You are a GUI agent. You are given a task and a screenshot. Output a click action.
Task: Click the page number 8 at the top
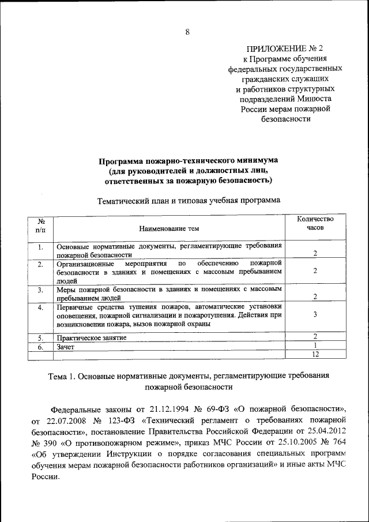click(x=187, y=32)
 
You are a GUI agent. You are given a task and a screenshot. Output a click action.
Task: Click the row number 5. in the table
click(x=41, y=337)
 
